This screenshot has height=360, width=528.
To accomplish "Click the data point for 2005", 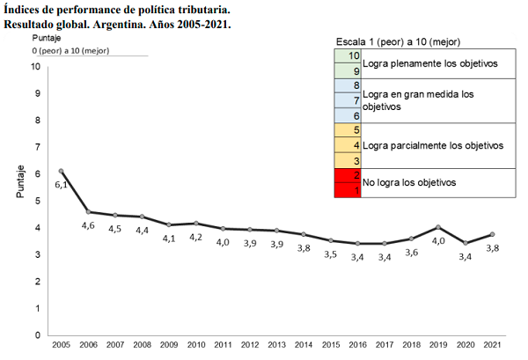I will (61, 171).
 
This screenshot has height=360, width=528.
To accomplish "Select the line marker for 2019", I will (438, 227).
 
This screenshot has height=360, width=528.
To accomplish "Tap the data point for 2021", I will (492, 234).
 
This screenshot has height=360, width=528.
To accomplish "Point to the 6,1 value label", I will (62, 185).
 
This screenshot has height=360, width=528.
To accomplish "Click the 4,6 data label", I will (89, 226).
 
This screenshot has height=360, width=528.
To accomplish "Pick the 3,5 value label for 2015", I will (331, 254).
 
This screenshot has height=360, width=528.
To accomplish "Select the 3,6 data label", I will (412, 253).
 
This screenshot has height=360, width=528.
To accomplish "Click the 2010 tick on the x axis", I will (195, 343).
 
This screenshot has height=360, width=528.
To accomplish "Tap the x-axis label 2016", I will (357, 343).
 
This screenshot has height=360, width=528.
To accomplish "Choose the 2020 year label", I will (465, 343).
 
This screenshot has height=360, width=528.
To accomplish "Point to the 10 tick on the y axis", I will (35, 66).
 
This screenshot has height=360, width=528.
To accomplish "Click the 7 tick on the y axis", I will (37, 147).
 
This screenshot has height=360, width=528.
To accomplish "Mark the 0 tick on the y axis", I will (37, 335).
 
